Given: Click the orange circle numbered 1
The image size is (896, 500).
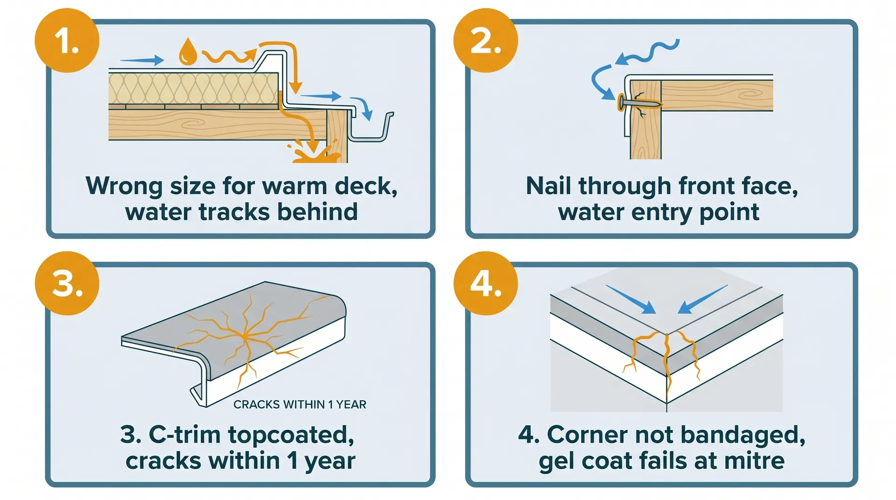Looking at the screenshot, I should pos(67,41).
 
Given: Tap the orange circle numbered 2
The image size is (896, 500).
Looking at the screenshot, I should pos(485,41).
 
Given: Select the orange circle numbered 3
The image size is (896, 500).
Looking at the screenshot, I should pos(67,283).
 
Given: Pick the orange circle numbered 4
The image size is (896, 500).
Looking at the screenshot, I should pos(485,283).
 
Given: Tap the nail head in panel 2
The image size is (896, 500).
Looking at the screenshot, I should pos(621,103).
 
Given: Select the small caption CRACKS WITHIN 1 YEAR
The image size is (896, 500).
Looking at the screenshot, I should pos(300,404).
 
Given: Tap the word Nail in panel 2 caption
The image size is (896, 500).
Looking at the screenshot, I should pos(548,186).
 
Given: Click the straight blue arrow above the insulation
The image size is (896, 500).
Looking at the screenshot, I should pos(142,60).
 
